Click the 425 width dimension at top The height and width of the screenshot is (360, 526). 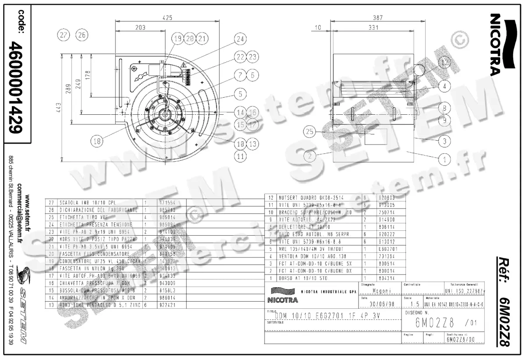(x=167, y=18)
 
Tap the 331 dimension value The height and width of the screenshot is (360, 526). (x=373, y=28)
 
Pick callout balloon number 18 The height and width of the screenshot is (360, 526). (x=98, y=141)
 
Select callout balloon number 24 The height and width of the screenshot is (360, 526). (x=239, y=39)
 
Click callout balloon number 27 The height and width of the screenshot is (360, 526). (x=64, y=35)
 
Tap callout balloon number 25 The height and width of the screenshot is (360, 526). (x=310, y=131)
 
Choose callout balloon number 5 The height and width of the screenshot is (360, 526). (x=240, y=93)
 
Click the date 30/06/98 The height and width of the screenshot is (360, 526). (x=379, y=304)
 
